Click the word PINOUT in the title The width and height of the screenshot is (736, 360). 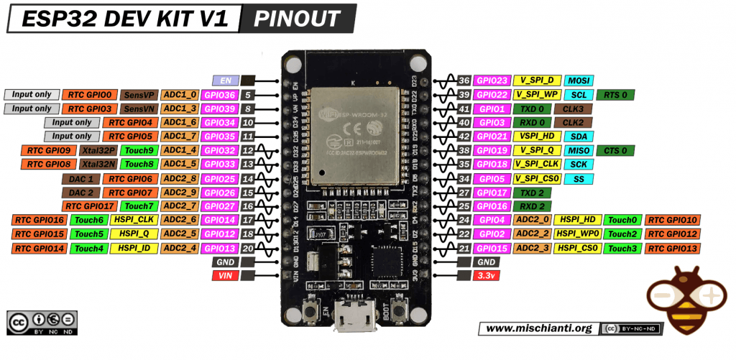tap(298, 18)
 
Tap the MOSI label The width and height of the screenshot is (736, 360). tap(578, 80)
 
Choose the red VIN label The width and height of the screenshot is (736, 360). tap(224, 276)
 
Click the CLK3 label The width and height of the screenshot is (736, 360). tap(574, 109)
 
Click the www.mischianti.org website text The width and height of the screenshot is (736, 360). tap(538, 328)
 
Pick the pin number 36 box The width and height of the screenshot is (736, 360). tap(464, 80)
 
